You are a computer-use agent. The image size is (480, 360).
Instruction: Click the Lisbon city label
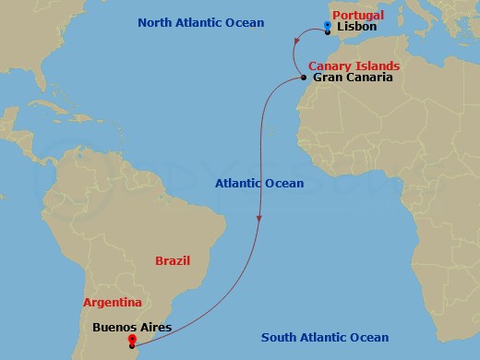pos(357,29)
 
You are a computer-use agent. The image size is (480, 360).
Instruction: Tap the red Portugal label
pos(357,16)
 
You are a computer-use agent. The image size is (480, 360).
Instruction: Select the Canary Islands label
pos(354,66)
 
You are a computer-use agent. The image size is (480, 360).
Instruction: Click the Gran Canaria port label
pos(353,78)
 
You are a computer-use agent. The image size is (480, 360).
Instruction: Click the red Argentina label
pos(112,302)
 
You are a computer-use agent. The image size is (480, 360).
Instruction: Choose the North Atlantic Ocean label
pos(199,22)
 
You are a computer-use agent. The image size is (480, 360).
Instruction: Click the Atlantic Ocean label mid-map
pos(259,184)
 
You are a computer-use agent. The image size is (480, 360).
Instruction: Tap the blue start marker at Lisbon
pos(328,27)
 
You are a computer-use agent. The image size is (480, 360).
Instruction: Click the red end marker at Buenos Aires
pos(132,341)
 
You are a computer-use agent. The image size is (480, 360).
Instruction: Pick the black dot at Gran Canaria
pos(304,78)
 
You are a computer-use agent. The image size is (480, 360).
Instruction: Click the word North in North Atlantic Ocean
pos(155,22)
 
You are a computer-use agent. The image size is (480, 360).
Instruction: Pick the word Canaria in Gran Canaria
pos(368,78)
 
